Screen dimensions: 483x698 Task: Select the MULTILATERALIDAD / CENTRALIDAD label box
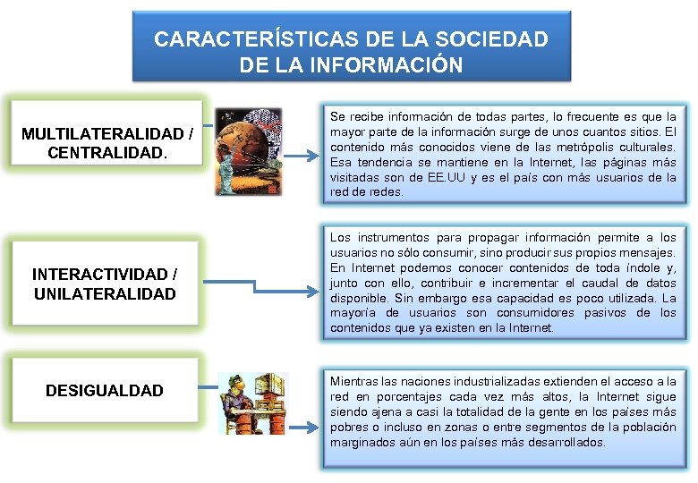(107, 143)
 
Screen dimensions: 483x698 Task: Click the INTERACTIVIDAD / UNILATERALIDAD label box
(104, 284)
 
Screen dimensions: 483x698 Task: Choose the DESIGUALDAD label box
(104, 390)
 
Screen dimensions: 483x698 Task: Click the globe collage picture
(241, 151)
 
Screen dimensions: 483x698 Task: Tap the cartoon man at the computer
(253, 403)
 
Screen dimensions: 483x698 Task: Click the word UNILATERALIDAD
(104, 294)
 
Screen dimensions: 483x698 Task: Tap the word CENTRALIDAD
(105, 153)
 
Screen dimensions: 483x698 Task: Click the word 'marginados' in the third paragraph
(362, 443)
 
